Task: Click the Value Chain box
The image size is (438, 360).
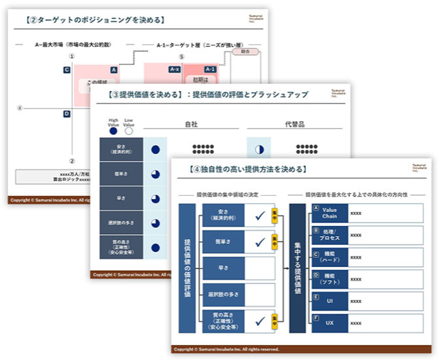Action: pyautogui.click(x=330, y=213)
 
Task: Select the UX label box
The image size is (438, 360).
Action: pyautogui.click(x=330, y=320)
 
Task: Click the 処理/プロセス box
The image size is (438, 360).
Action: pyautogui.click(x=330, y=234)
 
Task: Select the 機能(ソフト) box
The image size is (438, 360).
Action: pyautogui.click(x=330, y=277)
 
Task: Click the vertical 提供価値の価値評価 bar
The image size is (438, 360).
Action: pyautogui.click(x=187, y=266)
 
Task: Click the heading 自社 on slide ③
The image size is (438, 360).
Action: pyautogui.click(x=192, y=125)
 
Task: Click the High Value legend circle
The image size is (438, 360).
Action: pyautogui.click(x=114, y=131)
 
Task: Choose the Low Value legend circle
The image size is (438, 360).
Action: pyautogui.click(x=128, y=131)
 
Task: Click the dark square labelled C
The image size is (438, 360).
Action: pyautogui.click(x=66, y=70)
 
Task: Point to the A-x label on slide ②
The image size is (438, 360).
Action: pyautogui.click(x=174, y=70)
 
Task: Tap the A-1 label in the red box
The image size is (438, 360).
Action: pyautogui.click(x=211, y=70)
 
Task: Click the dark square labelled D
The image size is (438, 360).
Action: pyautogui.click(x=66, y=114)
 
